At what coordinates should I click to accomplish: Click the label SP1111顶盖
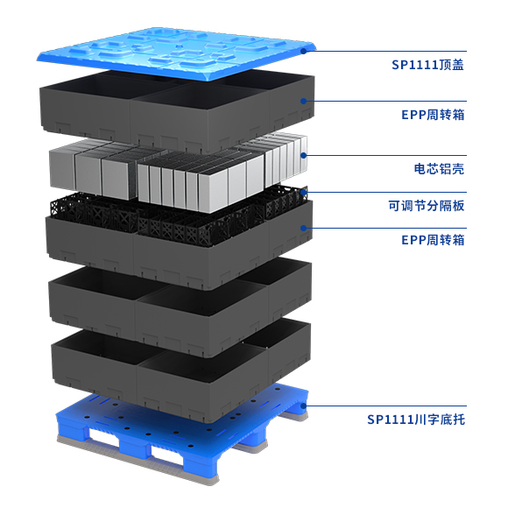(427, 65)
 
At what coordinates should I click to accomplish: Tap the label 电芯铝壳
(439, 169)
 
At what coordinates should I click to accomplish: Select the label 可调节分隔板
(427, 206)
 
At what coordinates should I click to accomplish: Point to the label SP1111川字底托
(416, 420)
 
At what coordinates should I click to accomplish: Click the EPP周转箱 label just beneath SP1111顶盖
(433, 115)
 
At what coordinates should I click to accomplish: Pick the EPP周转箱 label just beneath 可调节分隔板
(433, 240)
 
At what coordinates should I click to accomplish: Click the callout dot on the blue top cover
(303, 51)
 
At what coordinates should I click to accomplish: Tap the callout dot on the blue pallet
(303, 406)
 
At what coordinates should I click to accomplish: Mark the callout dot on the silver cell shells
(303, 156)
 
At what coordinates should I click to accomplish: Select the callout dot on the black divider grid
(303, 192)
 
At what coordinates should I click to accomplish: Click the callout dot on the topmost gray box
(303, 101)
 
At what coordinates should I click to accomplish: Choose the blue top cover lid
(177, 53)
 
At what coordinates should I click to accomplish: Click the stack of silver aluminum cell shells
(178, 172)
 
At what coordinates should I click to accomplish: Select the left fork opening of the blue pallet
(102, 436)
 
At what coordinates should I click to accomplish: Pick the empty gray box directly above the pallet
(180, 370)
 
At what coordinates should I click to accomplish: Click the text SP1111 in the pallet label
(391, 420)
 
